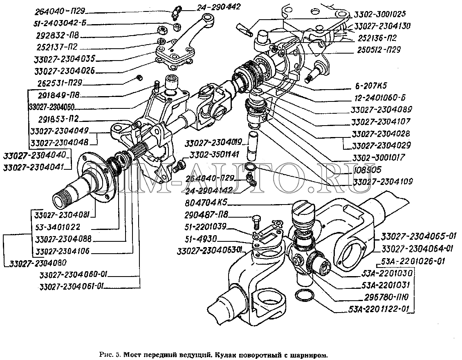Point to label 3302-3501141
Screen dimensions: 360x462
[209, 155]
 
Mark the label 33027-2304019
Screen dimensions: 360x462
[213, 143]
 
